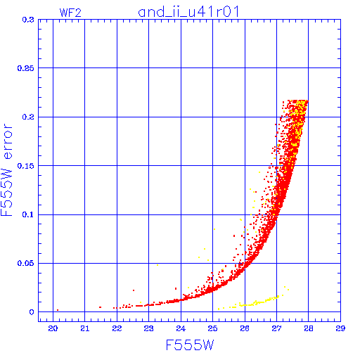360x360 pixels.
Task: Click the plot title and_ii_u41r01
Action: (188, 12)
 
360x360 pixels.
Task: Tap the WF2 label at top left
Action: (70, 13)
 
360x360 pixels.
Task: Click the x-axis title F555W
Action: (190, 345)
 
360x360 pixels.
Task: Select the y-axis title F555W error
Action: (6, 170)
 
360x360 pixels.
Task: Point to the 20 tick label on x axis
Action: (53, 328)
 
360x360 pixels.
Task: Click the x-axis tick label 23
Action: (148, 328)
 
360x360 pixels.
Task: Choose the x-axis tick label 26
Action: (245, 328)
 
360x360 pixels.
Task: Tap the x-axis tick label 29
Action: (340, 328)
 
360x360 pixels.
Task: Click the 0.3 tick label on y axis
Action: (28, 20)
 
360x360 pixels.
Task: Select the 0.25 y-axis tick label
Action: (26, 68)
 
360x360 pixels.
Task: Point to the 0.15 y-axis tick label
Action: (26, 166)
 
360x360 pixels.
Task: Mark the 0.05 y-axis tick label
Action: (26, 263)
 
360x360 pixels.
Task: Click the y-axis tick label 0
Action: (32, 312)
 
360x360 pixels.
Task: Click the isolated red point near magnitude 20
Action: (58, 310)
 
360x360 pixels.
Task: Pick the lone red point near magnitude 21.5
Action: (100, 307)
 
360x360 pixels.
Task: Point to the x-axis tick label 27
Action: (276, 328)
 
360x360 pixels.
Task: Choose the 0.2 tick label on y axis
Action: (28, 117)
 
